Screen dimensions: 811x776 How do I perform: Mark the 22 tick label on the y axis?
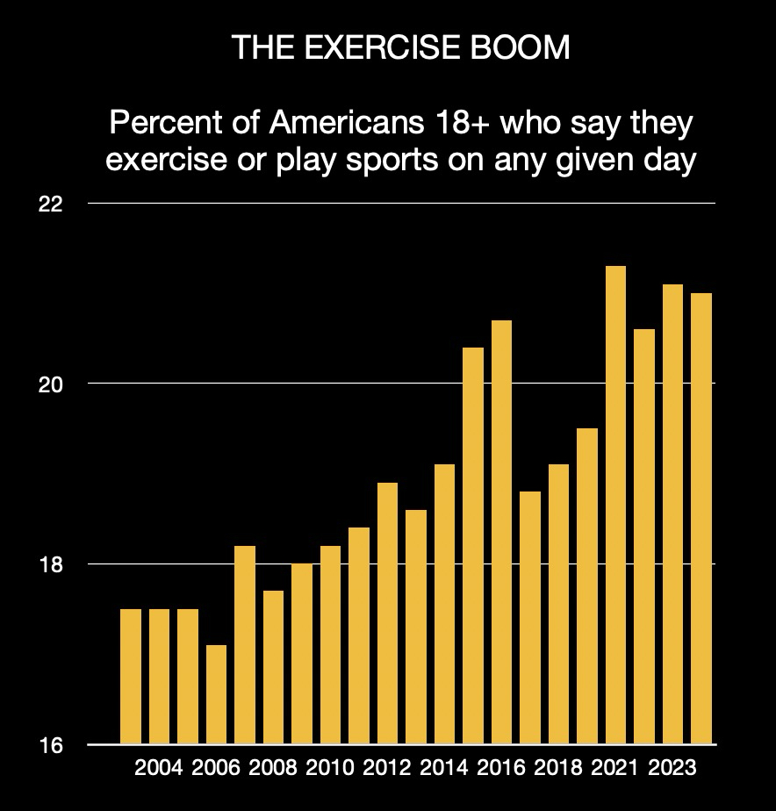[51, 204]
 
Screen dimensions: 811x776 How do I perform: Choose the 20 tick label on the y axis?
[51, 384]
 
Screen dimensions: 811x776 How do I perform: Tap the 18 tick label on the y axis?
[51, 564]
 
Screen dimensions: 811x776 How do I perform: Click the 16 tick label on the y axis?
[51, 745]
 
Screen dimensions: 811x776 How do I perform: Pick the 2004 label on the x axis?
[159, 769]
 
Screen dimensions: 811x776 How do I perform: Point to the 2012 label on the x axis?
[387, 769]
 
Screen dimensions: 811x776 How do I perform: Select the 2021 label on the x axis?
[615, 769]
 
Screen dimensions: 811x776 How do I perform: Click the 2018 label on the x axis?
[558, 769]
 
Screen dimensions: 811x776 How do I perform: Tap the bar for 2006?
[216, 694]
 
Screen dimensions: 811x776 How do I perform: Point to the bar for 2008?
[273, 667]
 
